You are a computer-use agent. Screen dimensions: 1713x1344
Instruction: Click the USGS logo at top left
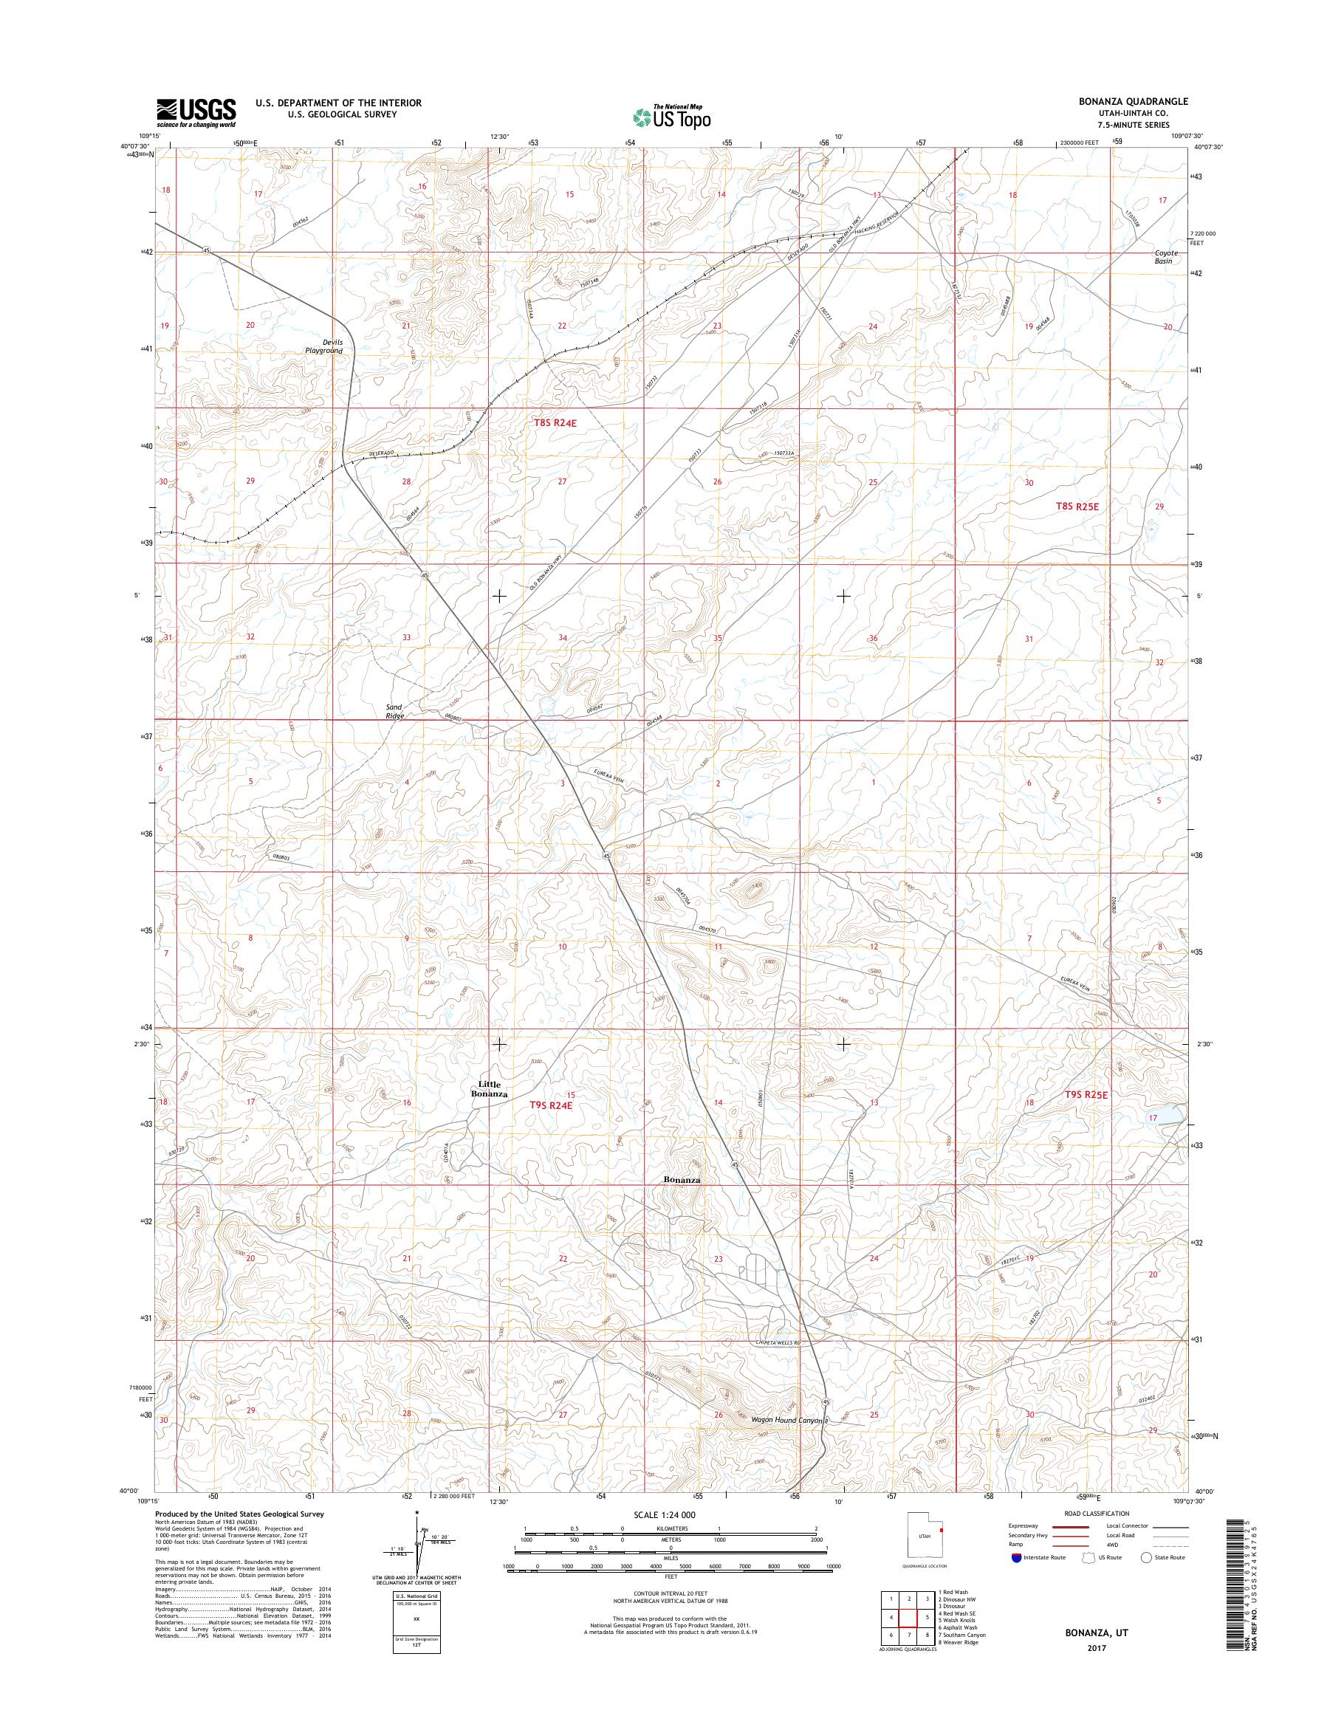[x=196, y=112]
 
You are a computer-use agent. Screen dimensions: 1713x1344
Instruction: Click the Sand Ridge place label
[x=395, y=711]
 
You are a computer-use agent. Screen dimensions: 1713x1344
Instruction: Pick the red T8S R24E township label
[x=556, y=423]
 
